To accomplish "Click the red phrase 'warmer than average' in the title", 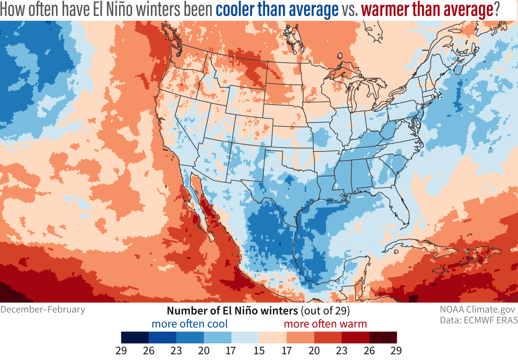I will pos(424,10).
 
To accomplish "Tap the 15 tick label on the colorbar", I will pos(259,351).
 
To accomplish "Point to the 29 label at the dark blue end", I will pos(121,351).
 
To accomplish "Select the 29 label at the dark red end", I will pos(396,351).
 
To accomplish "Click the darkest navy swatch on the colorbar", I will pos(135,337).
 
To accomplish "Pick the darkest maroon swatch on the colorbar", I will pos(382,337).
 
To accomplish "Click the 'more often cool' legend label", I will pos(189,324).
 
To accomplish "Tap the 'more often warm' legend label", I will pos(325,324).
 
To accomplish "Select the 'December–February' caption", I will pos(43,309).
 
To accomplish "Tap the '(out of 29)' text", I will pos(324,311).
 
